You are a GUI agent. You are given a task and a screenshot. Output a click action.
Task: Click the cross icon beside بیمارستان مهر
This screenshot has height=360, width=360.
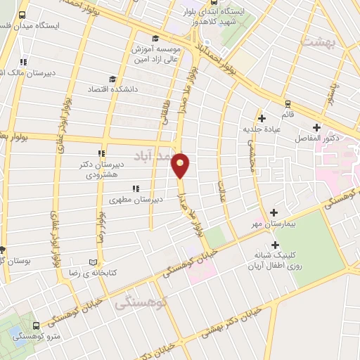274,212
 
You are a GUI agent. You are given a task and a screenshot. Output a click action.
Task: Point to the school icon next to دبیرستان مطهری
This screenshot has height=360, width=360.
135,188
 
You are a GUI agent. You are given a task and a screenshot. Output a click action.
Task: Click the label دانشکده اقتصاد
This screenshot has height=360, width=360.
111,90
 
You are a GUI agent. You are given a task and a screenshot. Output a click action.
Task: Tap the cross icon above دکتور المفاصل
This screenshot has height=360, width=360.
317,127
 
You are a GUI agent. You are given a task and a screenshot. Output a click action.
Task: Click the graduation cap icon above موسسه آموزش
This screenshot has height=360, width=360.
155,39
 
